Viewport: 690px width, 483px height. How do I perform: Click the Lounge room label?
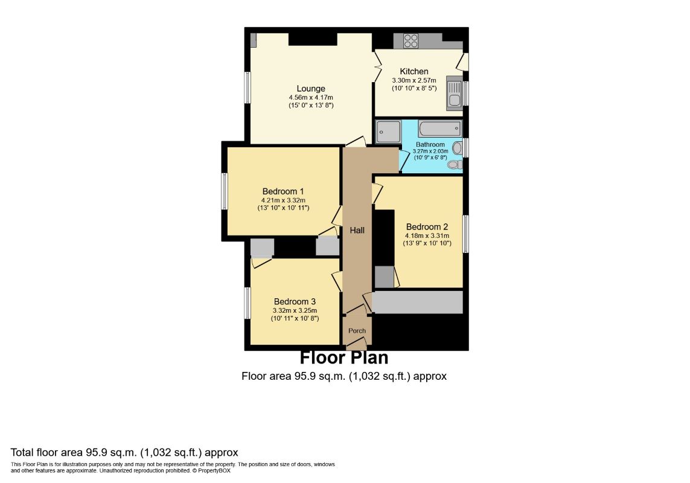coord(311,89)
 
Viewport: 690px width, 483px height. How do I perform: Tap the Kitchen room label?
coord(414,71)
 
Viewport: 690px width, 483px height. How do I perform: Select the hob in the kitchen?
coord(410,41)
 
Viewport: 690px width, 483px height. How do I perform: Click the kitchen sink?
coord(454,94)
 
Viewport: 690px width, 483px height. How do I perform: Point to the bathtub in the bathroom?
coord(439,129)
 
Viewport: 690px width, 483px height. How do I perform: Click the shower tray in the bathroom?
coord(389,132)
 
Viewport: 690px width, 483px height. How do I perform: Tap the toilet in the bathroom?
coord(455,165)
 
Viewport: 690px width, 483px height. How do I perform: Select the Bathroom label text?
coord(430,144)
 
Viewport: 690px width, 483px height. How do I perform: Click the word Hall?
coord(357,230)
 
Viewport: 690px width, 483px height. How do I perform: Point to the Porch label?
coord(357,331)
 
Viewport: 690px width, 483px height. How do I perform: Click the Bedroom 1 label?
coord(283,191)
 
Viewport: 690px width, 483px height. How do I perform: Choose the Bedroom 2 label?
coord(427,227)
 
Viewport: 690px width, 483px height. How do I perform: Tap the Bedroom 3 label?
coord(295,302)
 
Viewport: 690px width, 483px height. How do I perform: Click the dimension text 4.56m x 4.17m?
coord(311,97)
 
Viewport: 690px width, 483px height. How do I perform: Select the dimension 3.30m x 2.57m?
coord(414,80)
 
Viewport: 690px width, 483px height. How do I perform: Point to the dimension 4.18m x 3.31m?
coord(427,235)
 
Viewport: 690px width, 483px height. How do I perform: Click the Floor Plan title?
coord(344,357)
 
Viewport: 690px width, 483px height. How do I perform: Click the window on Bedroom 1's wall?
coord(225,191)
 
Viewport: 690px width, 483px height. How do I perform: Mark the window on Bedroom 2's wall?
coord(465,234)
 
